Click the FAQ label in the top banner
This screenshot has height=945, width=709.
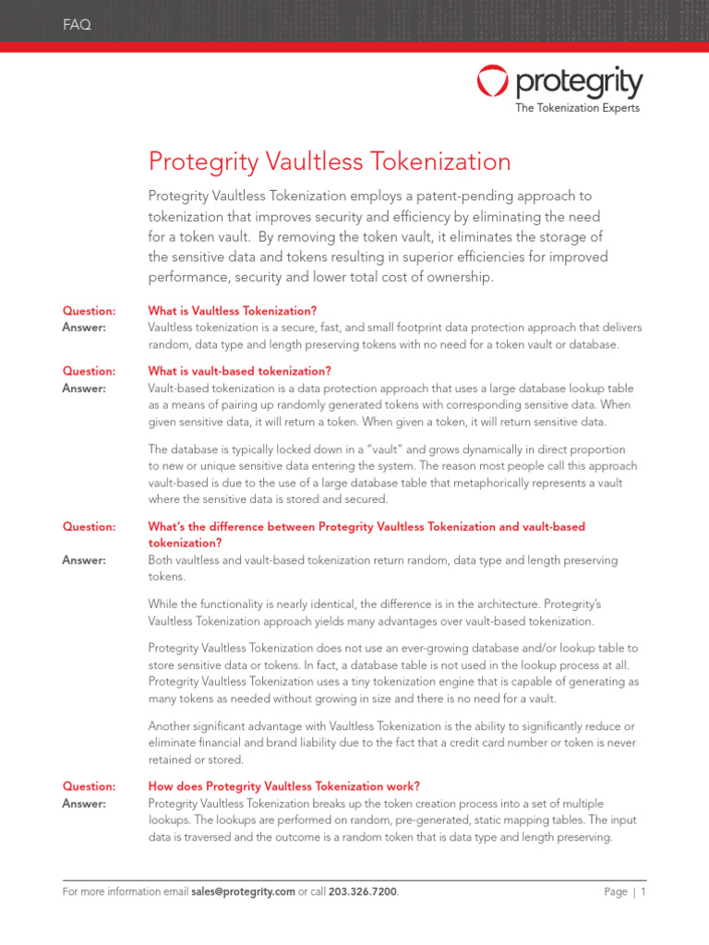point(77,25)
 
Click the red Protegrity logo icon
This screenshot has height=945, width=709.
point(492,81)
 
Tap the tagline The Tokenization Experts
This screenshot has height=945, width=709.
point(576,108)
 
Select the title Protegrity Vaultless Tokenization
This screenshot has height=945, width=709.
point(330,161)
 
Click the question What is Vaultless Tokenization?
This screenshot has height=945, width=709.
point(233,311)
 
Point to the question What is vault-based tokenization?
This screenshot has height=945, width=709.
point(239,371)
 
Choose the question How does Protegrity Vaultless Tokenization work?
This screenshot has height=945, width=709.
point(284,786)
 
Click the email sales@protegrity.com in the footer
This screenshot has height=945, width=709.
point(243,892)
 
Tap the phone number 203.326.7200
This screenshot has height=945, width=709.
point(363,892)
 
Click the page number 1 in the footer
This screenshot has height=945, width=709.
point(643,892)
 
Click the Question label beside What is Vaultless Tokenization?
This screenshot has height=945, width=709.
point(89,311)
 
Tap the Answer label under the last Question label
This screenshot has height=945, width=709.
point(84,804)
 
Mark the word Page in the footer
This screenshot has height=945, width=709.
point(616,892)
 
